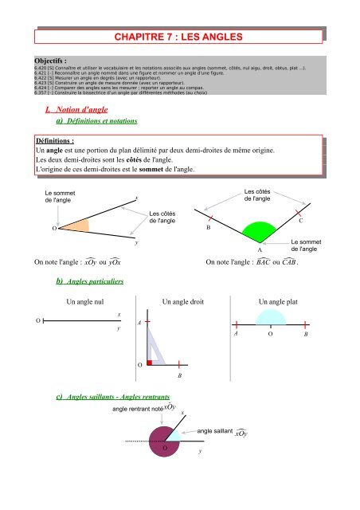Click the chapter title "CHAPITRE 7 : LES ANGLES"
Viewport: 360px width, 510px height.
click(179, 37)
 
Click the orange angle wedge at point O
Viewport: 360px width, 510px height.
click(69, 226)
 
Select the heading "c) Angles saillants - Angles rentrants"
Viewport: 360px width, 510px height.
click(115, 396)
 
